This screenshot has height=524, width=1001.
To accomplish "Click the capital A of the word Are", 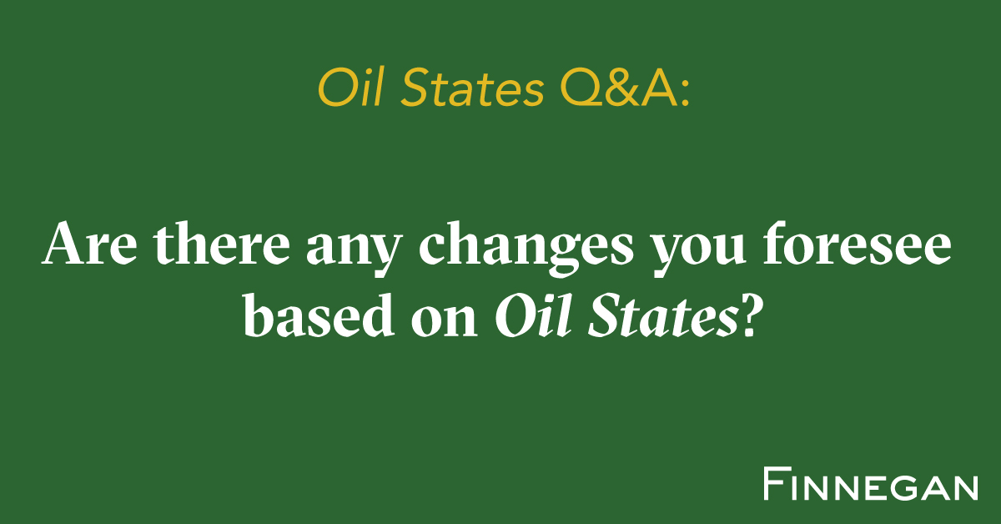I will click(63, 245).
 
